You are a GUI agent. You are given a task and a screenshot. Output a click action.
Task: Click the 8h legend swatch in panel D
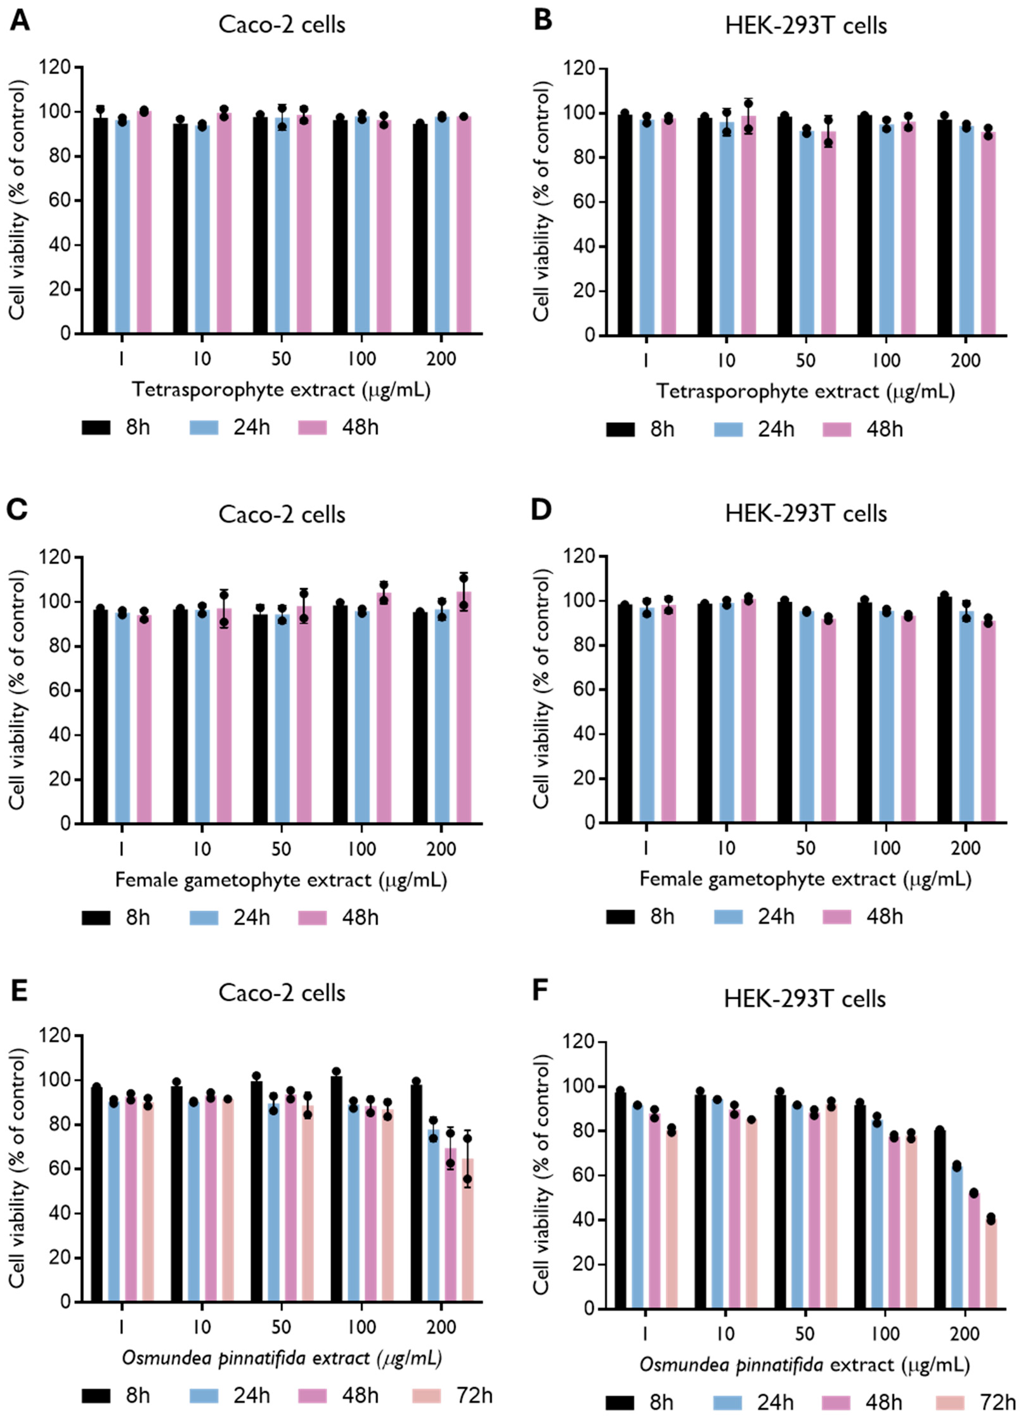click(620, 916)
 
